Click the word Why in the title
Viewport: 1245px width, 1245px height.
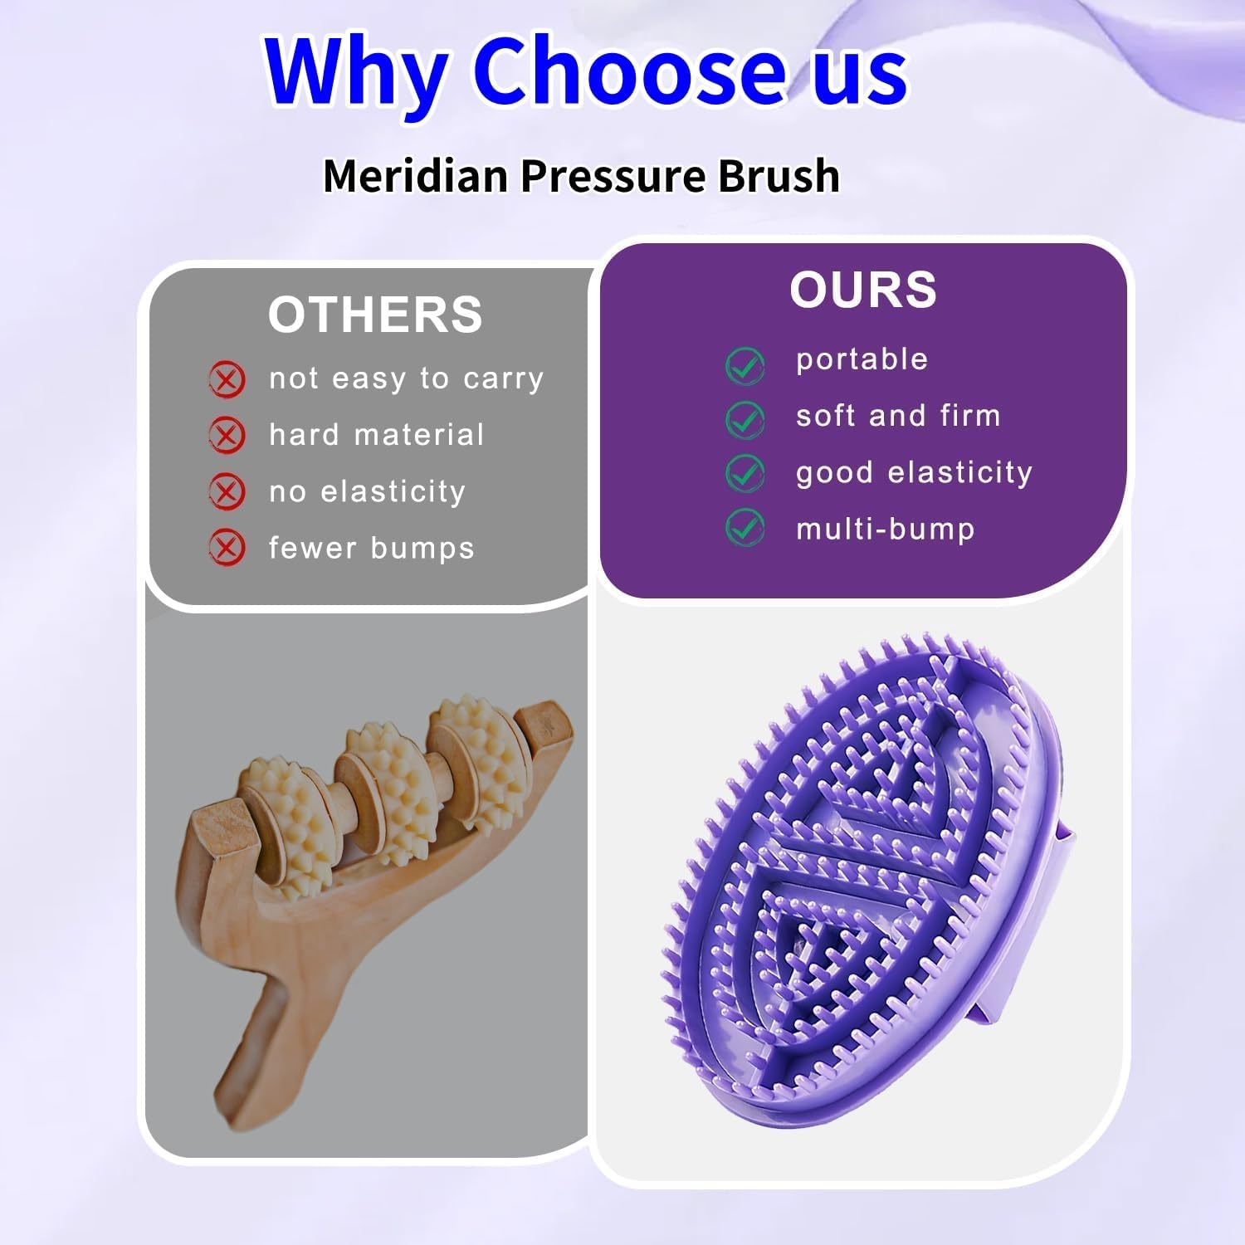tap(357, 73)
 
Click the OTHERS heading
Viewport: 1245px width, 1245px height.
tap(375, 315)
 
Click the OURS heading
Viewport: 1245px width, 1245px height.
tap(862, 290)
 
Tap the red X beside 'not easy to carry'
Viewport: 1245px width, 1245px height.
tap(227, 380)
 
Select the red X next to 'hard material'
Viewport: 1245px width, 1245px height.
tap(227, 436)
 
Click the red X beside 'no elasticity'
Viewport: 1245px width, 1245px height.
tap(227, 491)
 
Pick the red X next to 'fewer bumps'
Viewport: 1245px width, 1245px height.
tap(227, 548)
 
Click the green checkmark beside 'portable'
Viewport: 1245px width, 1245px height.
tap(745, 365)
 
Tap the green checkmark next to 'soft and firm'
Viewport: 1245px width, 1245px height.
tap(745, 419)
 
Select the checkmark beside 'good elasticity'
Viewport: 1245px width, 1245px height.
tap(745, 473)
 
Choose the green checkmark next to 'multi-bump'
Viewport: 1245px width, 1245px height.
tap(745, 528)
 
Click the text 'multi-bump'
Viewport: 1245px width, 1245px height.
tap(885, 529)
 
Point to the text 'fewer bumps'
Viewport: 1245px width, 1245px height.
tap(371, 548)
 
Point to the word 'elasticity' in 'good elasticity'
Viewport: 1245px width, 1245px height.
tap(959, 472)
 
